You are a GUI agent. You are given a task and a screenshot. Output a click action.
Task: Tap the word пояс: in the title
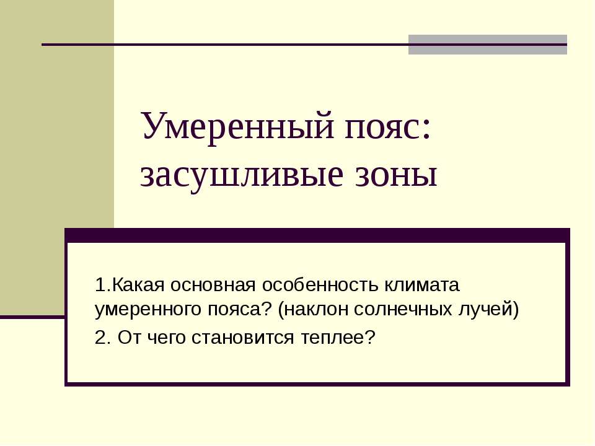coord(389,126)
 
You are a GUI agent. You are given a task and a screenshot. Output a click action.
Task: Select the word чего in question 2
coord(164,338)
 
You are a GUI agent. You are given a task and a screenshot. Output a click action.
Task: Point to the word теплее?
coord(335,338)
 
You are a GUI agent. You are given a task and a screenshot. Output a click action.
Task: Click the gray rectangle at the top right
coord(487,45)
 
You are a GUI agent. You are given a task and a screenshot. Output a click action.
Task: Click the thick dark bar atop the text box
coord(317,235)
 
